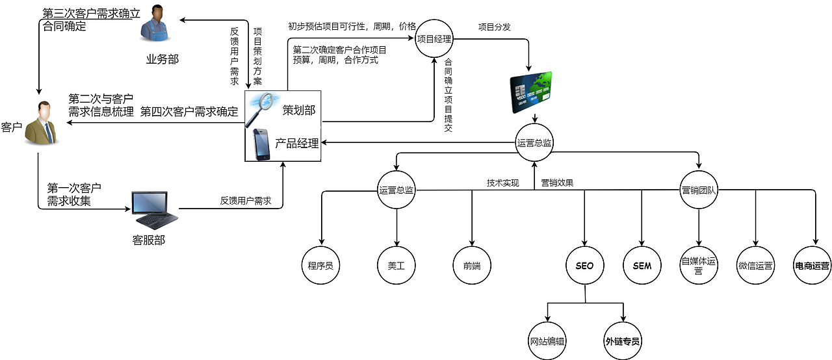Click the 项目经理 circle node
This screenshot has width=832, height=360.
tap(434, 39)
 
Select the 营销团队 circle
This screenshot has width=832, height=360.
tap(699, 190)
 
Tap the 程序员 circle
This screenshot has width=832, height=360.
tap(320, 265)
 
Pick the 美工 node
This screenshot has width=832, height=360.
tap(396, 265)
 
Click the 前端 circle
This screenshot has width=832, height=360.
tap(472, 265)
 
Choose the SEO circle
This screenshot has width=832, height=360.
tap(584, 265)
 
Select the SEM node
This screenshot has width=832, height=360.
tap(642, 265)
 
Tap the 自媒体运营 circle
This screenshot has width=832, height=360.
tap(699, 265)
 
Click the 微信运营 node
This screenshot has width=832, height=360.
tap(755, 265)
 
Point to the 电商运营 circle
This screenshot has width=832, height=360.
tap(812, 265)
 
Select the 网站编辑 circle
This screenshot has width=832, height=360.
tap(547, 341)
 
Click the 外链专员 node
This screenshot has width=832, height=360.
tap(623, 341)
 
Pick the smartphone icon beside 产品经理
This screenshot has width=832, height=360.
tap(261, 144)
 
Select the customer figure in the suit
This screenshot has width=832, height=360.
tap(40, 123)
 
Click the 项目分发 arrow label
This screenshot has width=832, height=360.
tap(494, 27)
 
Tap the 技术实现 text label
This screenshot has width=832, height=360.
tap(503, 183)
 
